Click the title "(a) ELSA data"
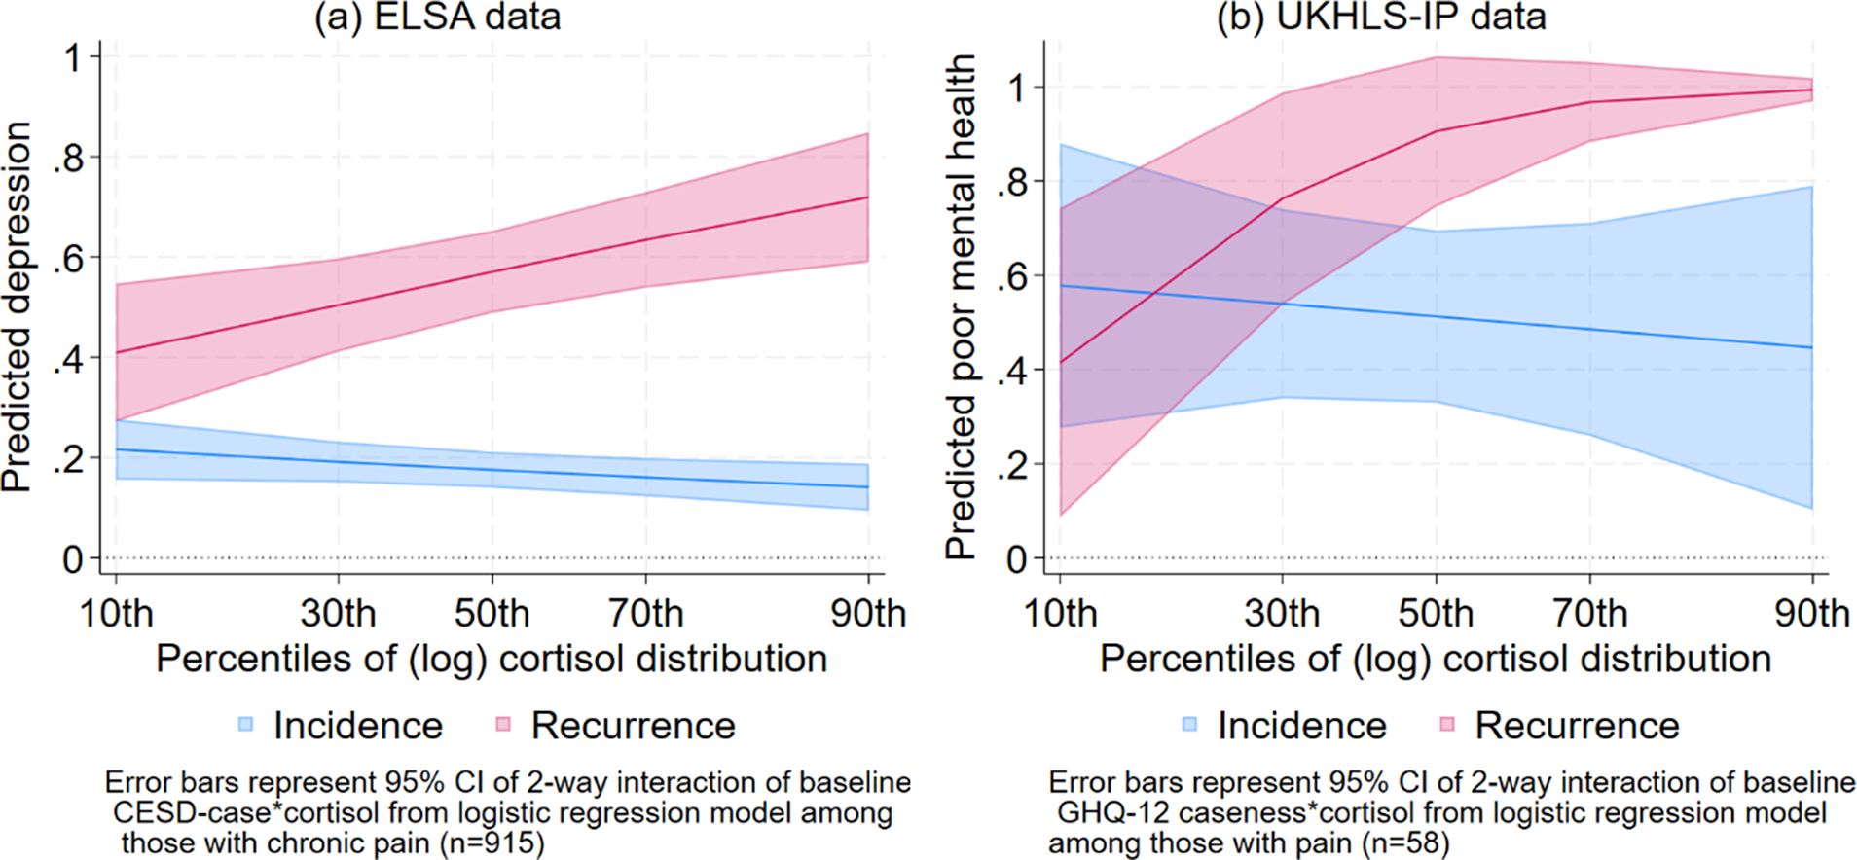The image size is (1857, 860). click(x=437, y=17)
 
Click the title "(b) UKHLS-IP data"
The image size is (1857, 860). click(x=1381, y=17)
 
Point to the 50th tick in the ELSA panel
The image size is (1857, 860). click(x=492, y=614)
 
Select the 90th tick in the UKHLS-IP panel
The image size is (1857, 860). click(x=1811, y=614)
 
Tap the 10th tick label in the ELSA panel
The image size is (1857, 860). click(x=116, y=614)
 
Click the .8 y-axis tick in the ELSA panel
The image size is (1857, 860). click(x=69, y=158)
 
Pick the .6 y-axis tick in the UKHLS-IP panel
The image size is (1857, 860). click(x=1013, y=276)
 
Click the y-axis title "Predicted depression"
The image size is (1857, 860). click(x=17, y=306)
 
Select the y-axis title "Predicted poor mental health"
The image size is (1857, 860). click(x=961, y=306)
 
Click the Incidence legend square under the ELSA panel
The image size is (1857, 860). click(x=246, y=724)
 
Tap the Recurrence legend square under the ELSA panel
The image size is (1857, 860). click(x=503, y=724)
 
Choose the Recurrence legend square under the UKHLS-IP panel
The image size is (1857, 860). click(x=1447, y=724)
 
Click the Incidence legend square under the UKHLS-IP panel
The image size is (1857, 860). click(x=1190, y=724)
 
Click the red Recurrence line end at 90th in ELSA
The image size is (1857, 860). click(x=867, y=197)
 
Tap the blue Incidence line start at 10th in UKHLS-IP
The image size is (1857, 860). click(x=1060, y=286)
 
